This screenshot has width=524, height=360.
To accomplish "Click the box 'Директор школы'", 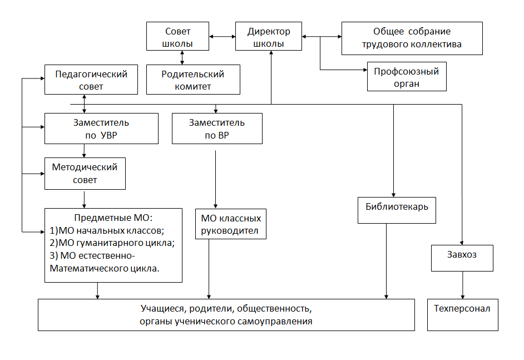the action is click(269, 36).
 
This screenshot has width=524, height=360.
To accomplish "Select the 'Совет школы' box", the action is click(178, 36).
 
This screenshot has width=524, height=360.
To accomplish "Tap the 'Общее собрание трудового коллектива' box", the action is click(412, 38).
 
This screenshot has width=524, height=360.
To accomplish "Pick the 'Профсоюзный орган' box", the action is click(407, 76).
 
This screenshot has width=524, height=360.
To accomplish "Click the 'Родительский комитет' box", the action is click(193, 80).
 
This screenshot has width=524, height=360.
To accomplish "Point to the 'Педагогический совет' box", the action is click(91, 80).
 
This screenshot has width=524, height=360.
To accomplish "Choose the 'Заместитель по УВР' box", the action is click(102, 129).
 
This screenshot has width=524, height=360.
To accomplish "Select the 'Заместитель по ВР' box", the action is click(217, 129).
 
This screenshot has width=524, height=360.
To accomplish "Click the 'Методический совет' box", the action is click(85, 174).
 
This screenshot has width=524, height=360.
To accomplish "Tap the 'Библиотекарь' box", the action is click(397, 210).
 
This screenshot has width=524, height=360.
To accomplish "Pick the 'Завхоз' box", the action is click(462, 258).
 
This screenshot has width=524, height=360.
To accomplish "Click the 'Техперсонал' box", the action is click(463, 315).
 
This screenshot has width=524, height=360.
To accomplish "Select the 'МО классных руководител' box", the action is click(231, 224).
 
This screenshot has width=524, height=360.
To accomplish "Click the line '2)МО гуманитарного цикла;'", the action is click(112, 243).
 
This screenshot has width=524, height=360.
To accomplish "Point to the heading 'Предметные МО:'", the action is click(113, 218).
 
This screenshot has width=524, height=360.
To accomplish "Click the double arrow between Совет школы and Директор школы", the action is click(223, 36).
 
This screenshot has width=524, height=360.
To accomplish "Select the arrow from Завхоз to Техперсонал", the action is click(463, 285).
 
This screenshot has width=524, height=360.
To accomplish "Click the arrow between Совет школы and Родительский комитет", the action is click(182, 57).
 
